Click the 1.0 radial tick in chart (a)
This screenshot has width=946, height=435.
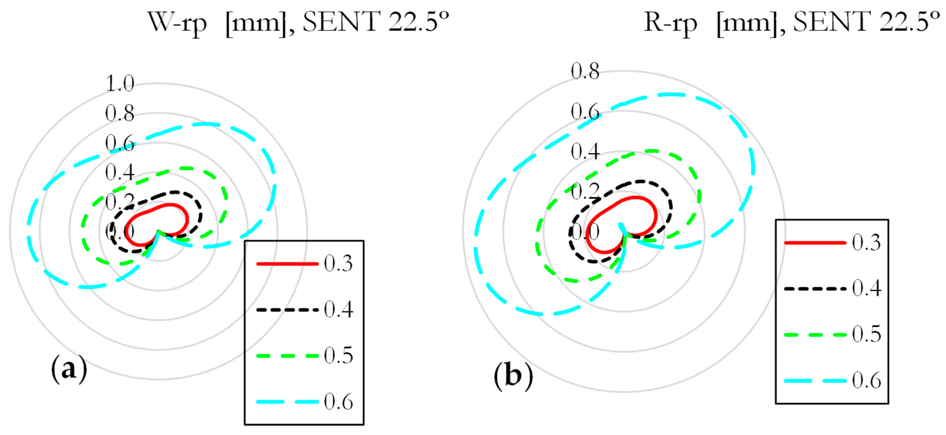click(x=120, y=83)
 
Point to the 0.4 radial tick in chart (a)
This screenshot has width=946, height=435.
click(x=120, y=172)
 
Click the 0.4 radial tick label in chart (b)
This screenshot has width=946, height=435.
click(x=585, y=151)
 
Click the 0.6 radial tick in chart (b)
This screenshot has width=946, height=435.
click(x=585, y=111)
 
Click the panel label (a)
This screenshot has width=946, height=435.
click(x=69, y=369)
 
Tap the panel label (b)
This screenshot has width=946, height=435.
click(x=513, y=376)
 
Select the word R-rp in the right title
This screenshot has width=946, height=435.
click(x=670, y=22)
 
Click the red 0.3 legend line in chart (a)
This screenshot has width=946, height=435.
click(x=287, y=264)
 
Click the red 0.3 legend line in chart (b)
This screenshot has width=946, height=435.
click(x=815, y=243)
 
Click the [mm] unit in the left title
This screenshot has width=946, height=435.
click(x=256, y=23)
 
